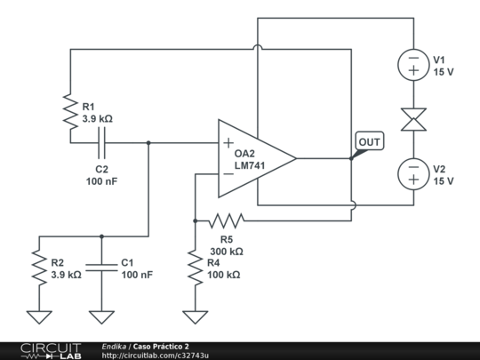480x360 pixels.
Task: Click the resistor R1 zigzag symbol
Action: click(x=69, y=112)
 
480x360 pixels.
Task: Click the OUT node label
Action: click(x=369, y=141)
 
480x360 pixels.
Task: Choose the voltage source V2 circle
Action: click(x=413, y=173)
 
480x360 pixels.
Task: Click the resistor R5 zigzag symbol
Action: click(x=226, y=219)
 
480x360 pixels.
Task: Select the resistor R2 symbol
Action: click(x=38, y=268)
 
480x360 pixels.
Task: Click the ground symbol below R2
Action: click(x=38, y=315)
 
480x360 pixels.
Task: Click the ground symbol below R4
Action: click(x=194, y=315)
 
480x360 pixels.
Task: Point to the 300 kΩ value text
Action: click(x=227, y=252)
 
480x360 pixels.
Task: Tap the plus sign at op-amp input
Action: click(x=228, y=143)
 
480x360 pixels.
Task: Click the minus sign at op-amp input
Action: click(x=228, y=174)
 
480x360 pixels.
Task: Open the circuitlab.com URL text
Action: click(x=156, y=356)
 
